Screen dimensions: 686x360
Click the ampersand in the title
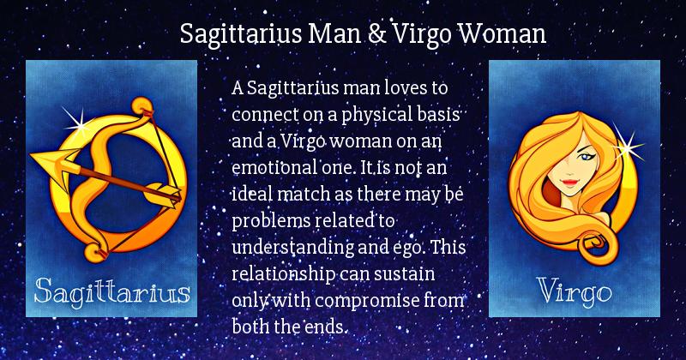tap(377, 33)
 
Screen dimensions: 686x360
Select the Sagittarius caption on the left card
tap(112, 291)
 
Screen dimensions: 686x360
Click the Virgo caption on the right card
tap(575, 291)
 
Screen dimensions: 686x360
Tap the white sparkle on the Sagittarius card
tap(78, 124)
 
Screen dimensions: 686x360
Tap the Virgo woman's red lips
tap(569, 182)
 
